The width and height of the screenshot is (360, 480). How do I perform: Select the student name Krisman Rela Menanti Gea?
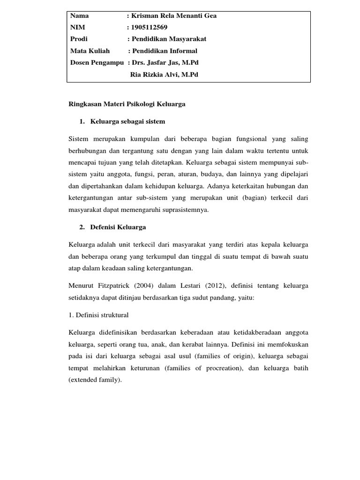173,15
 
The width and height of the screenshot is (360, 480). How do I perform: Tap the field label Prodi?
79,39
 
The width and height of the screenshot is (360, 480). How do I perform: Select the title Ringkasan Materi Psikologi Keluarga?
127,104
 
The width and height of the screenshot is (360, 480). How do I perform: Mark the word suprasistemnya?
180,210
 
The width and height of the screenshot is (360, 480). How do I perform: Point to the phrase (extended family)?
95,380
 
